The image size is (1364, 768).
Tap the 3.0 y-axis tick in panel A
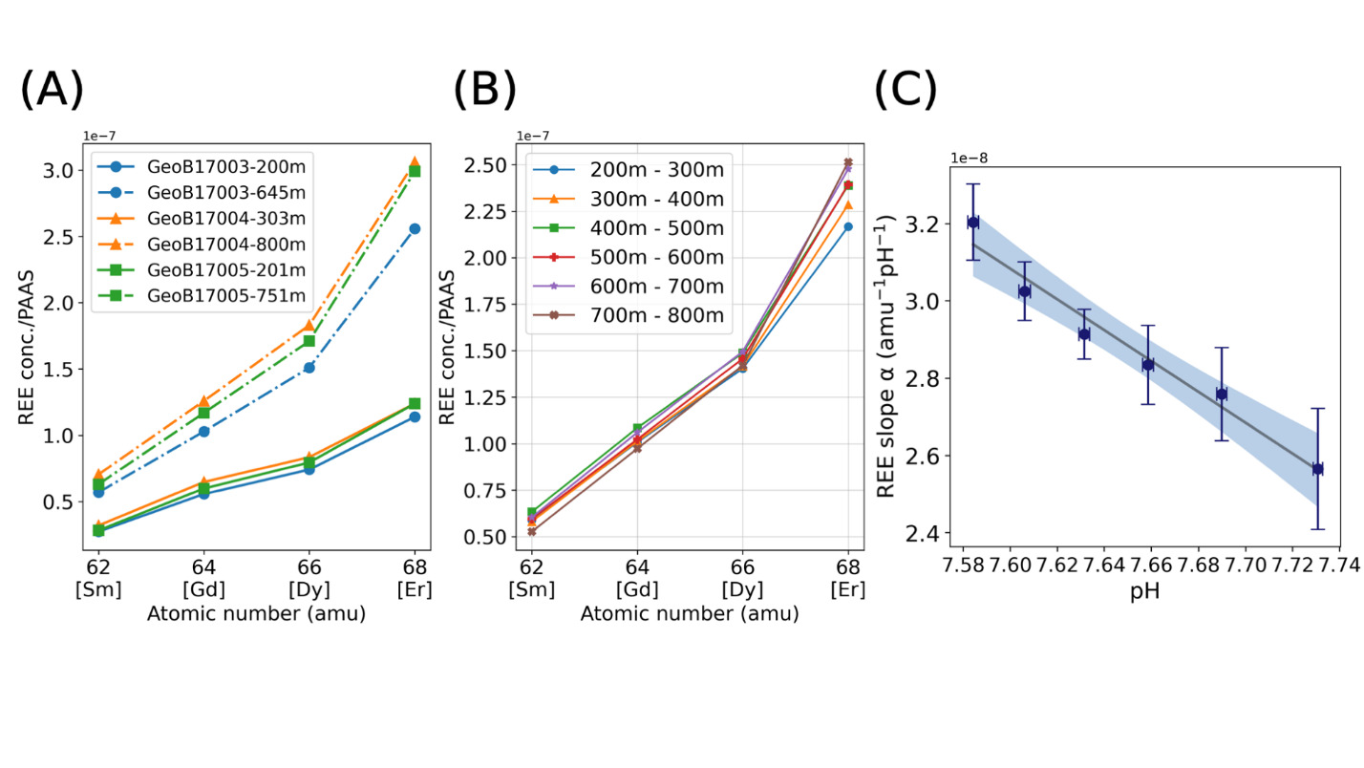click(x=64, y=171)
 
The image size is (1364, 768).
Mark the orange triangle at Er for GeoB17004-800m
click(x=414, y=163)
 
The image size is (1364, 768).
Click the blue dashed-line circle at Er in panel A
click(x=414, y=229)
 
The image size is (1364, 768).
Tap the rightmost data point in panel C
click(x=1317, y=469)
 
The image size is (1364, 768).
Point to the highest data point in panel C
click(x=972, y=223)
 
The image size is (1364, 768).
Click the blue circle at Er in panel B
click(x=847, y=226)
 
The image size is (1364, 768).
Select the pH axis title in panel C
click(x=1144, y=593)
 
